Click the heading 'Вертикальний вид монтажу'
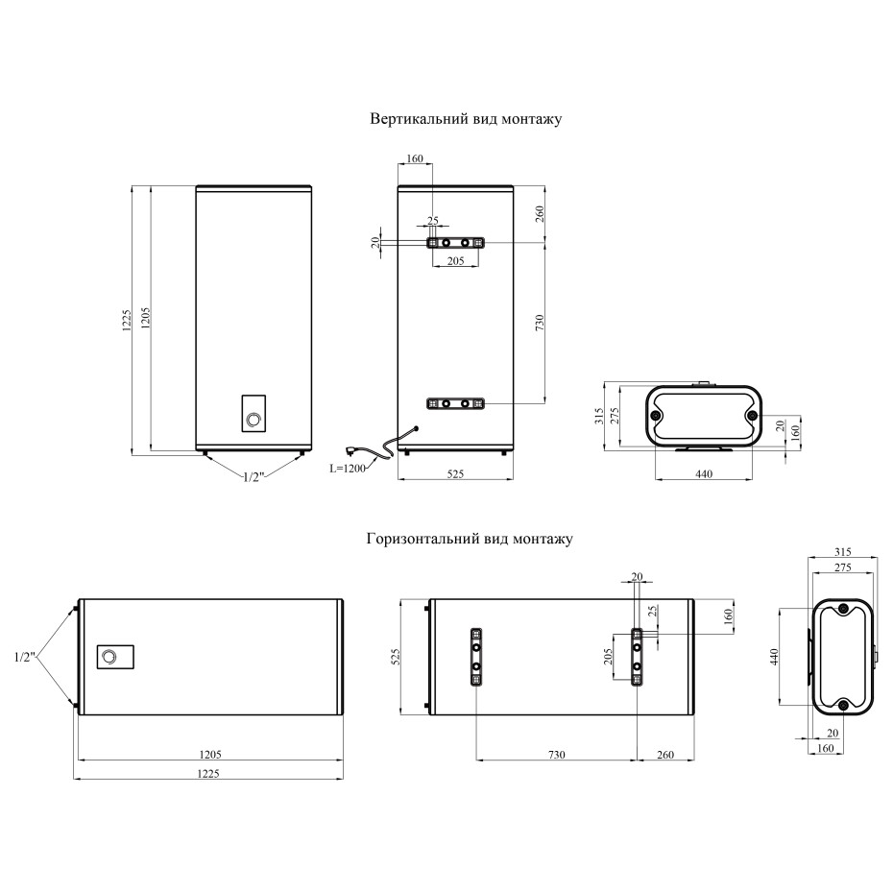tap(466, 119)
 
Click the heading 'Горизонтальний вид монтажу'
tap(470, 539)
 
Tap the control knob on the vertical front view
tap(253, 420)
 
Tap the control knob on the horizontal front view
tap(109, 657)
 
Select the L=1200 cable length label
tap(348, 469)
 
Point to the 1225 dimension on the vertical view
tap(127, 321)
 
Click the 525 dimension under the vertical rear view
tap(455, 473)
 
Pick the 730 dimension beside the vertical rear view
tap(540, 323)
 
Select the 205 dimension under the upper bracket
tap(455, 261)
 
